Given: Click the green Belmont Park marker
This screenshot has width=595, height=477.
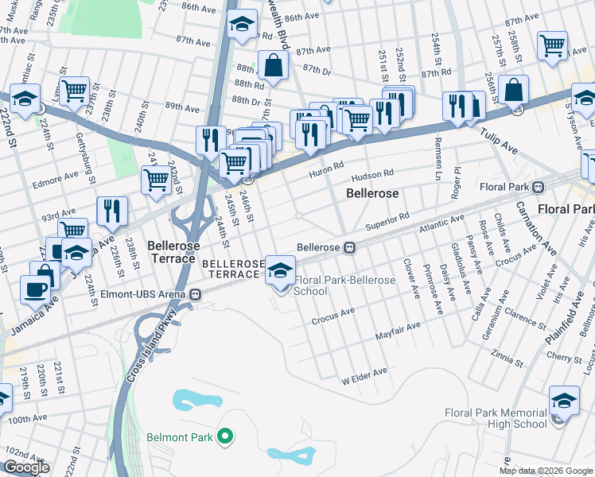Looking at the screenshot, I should (225, 436).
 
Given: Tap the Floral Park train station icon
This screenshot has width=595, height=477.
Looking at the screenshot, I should (538, 187).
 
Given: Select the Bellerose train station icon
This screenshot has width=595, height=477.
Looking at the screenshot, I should (349, 247).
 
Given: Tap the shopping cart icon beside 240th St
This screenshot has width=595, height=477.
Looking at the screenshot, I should (156, 179).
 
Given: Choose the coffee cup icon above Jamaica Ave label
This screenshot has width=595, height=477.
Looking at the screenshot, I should (33, 289).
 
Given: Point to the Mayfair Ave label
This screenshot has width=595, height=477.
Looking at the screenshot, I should (398, 332).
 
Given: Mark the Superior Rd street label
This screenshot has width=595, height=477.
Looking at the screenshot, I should (387, 218).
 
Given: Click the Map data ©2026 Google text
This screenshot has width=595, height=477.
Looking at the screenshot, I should (545, 471).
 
